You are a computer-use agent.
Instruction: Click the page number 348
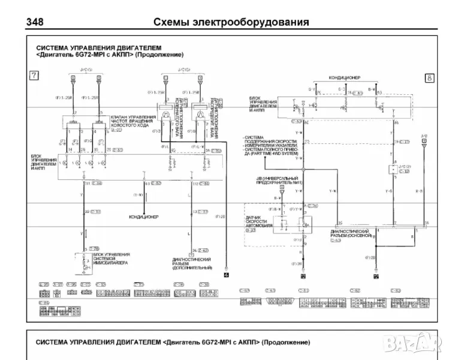click(36, 22)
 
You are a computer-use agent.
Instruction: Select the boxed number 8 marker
click(429, 77)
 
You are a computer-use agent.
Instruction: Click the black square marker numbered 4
click(226, 275)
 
